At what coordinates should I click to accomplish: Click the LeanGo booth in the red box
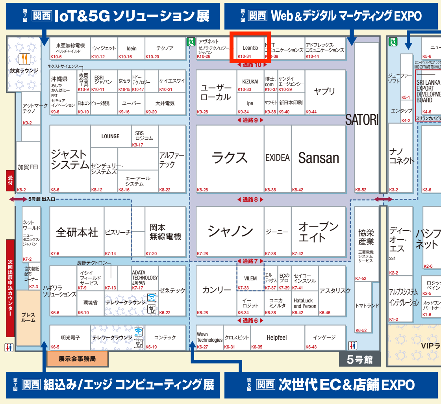[250, 48]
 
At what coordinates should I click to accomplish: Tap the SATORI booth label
[361, 119]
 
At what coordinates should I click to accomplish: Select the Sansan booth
[319, 158]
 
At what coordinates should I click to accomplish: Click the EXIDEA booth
[277, 158]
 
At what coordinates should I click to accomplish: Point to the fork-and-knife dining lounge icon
[24, 59]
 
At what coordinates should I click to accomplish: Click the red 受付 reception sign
[10, 181]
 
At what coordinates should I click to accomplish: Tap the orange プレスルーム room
[28, 317]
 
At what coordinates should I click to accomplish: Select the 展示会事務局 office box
[77, 359]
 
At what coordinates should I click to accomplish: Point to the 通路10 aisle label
[252, 65]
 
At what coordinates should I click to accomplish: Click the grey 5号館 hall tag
[359, 359]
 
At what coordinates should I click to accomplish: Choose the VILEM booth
[250, 278]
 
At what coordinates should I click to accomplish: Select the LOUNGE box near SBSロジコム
[110, 136]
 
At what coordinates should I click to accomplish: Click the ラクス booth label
[230, 158]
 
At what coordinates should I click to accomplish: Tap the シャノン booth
[230, 231]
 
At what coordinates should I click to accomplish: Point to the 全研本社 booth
[77, 232]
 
